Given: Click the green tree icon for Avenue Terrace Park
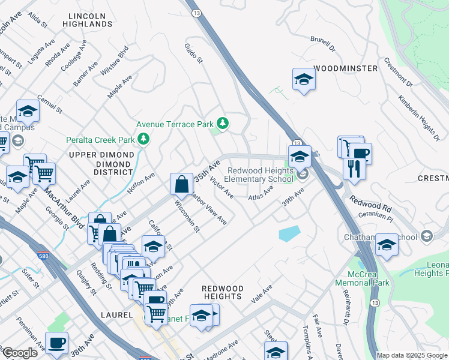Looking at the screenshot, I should (x=223, y=124).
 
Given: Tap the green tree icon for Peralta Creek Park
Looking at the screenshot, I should (x=143, y=140).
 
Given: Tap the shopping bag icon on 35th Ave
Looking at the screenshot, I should (x=181, y=185).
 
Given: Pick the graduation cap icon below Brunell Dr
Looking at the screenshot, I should (x=304, y=80).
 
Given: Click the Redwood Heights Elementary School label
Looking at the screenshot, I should (x=260, y=175).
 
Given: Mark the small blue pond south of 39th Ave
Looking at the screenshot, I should (x=289, y=233).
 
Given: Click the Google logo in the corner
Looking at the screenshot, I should (x=20, y=352).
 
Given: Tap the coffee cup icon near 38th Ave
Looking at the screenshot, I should (x=57, y=343).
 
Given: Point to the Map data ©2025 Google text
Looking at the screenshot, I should (x=412, y=355).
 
